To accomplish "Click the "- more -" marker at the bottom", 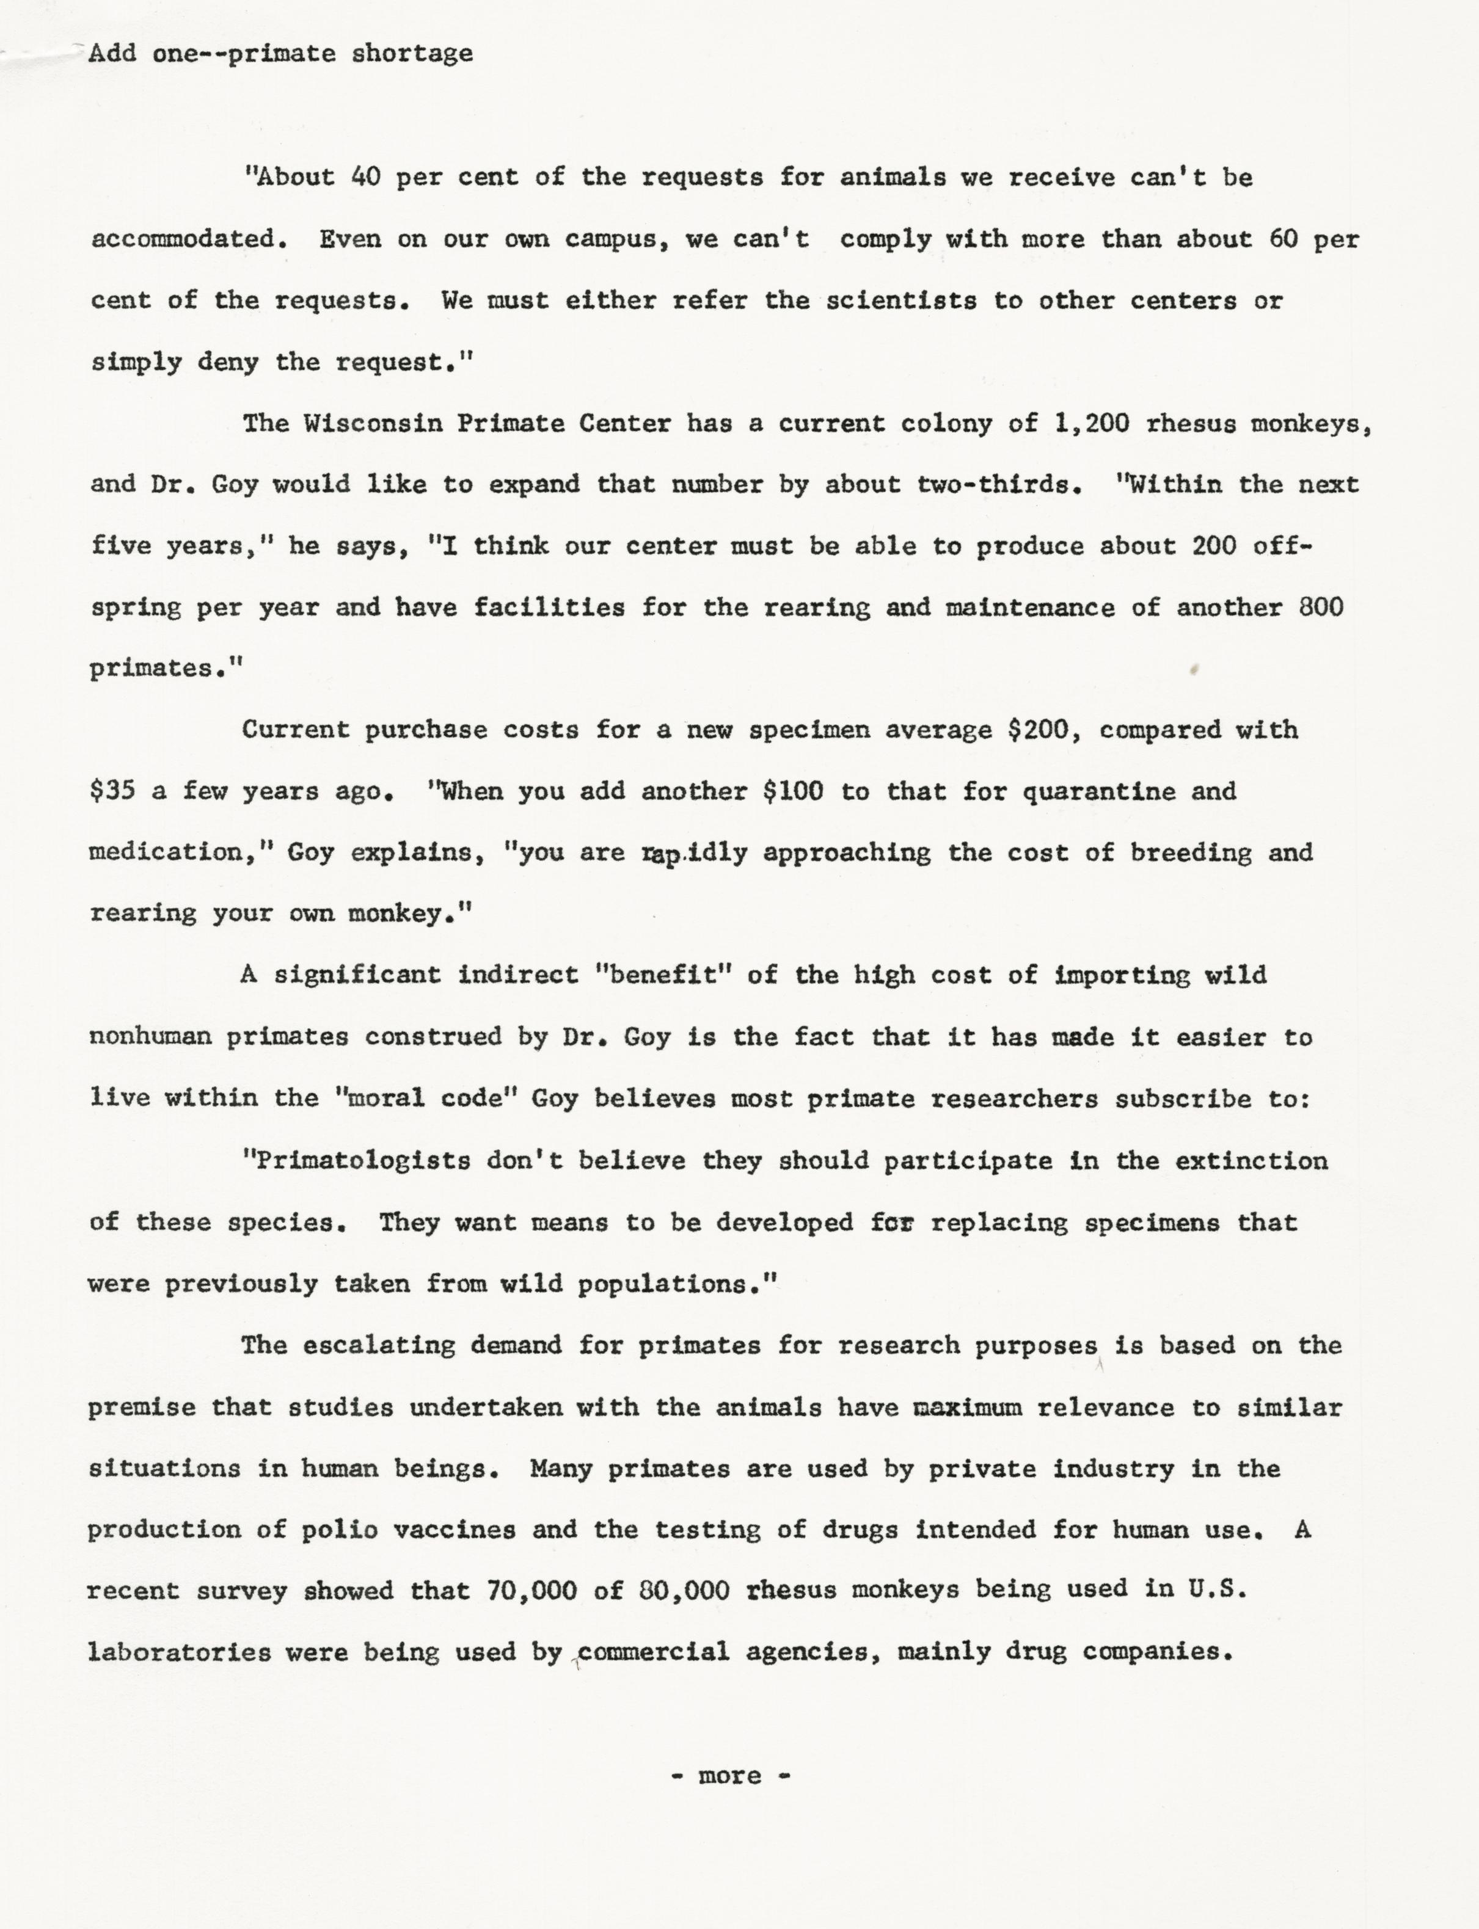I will click(730, 1775).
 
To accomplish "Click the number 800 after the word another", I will click(1321, 607).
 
